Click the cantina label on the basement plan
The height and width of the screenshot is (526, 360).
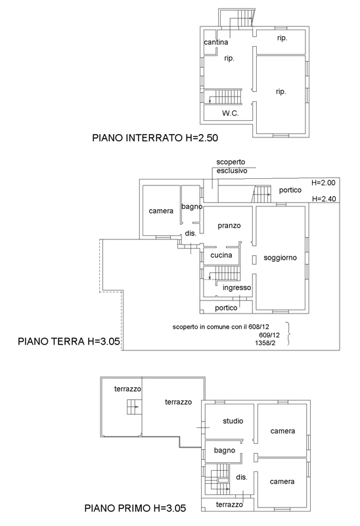(x=216, y=42)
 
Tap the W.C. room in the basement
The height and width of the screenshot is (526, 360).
(x=231, y=113)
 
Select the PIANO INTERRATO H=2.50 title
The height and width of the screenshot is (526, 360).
(x=155, y=138)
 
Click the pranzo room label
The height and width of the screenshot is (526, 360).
(x=229, y=226)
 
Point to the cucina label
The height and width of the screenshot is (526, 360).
(x=221, y=255)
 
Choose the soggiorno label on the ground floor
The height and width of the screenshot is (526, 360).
(x=281, y=258)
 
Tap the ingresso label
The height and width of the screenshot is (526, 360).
(x=237, y=288)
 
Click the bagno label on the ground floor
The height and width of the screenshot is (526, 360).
(x=192, y=206)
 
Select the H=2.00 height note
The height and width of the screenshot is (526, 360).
(x=323, y=183)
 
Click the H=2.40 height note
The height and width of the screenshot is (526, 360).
(x=324, y=199)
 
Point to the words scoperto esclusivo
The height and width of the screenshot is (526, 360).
(x=231, y=166)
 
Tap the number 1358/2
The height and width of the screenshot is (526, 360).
(x=265, y=343)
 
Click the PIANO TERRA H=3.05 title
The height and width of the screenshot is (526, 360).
(x=69, y=341)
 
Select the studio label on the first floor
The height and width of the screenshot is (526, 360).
(x=233, y=421)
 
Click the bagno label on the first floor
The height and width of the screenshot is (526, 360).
(x=225, y=450)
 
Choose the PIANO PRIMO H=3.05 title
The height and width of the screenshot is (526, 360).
(x=135, y=508)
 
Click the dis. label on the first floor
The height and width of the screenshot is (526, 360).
(x=241, y=477)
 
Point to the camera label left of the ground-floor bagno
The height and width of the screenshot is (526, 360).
(x=161, y=211)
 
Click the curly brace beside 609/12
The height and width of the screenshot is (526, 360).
(x=288, y=334)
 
